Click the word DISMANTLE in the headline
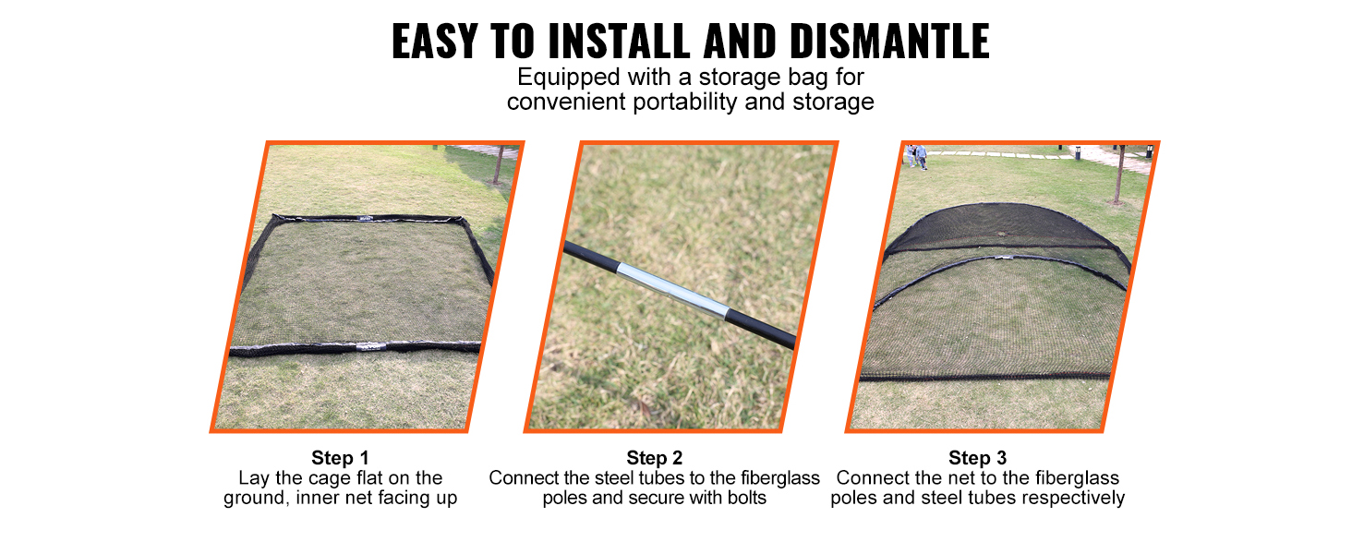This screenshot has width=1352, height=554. [x=889, y=41]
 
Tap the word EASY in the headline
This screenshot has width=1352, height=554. [x=435, y=41]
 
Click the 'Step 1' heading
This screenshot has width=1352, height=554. [x=340, y=458]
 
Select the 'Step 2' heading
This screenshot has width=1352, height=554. [x=654, y=458]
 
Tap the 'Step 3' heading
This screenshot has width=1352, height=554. [x=977, y=458]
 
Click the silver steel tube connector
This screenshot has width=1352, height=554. [x=673, y=290]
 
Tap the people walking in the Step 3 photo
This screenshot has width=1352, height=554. [x=916, y=156]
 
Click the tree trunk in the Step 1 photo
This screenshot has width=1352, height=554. [x=498, y=164]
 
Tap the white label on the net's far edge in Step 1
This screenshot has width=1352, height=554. [x=366, y=218]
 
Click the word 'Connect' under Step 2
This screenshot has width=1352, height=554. [x=524, y=478]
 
